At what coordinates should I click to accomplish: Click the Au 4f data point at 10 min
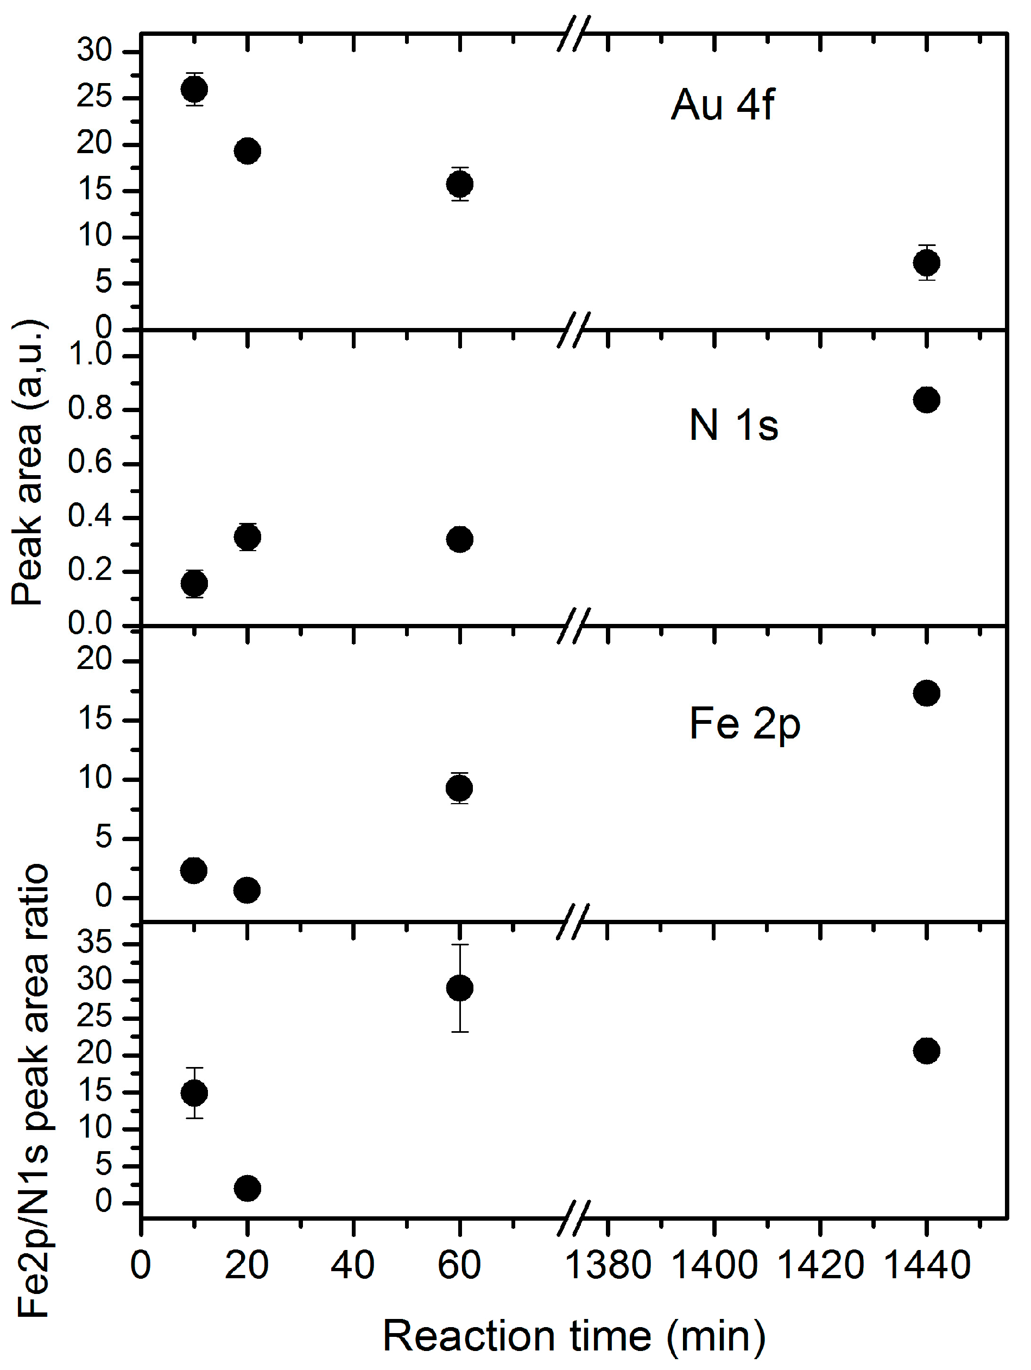[x=194, y=89]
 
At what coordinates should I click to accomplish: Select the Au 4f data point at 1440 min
[x=926, y=263]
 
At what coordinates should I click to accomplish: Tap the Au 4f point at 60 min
[x=459, y=184]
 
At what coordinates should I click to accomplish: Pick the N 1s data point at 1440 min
[x=926, y=400]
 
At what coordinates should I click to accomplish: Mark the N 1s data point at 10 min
[x=194, y=583]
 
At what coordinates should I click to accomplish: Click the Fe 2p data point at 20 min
[x=247, y=890]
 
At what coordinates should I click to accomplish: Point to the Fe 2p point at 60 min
[x=459, y=788]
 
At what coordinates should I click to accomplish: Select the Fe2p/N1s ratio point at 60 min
[x=459, y=988]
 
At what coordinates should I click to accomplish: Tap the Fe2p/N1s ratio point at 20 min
[x=247, y=1188]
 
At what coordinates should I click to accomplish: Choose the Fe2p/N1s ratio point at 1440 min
[x=926, y=1051]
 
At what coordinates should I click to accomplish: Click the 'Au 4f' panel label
[x=722, y=104]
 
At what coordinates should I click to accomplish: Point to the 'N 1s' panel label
[x=734, y=426]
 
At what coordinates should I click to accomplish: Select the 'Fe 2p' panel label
[x=745, y=723]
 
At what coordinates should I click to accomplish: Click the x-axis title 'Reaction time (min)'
[x=574, y=1335]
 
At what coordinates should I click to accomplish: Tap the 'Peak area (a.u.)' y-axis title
[x=28, y=462]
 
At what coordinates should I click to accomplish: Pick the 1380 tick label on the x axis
[x=608, y=1265]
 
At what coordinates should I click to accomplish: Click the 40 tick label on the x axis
[x=353, y=1265]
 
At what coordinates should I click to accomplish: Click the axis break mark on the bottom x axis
[x=573, y=1219]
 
